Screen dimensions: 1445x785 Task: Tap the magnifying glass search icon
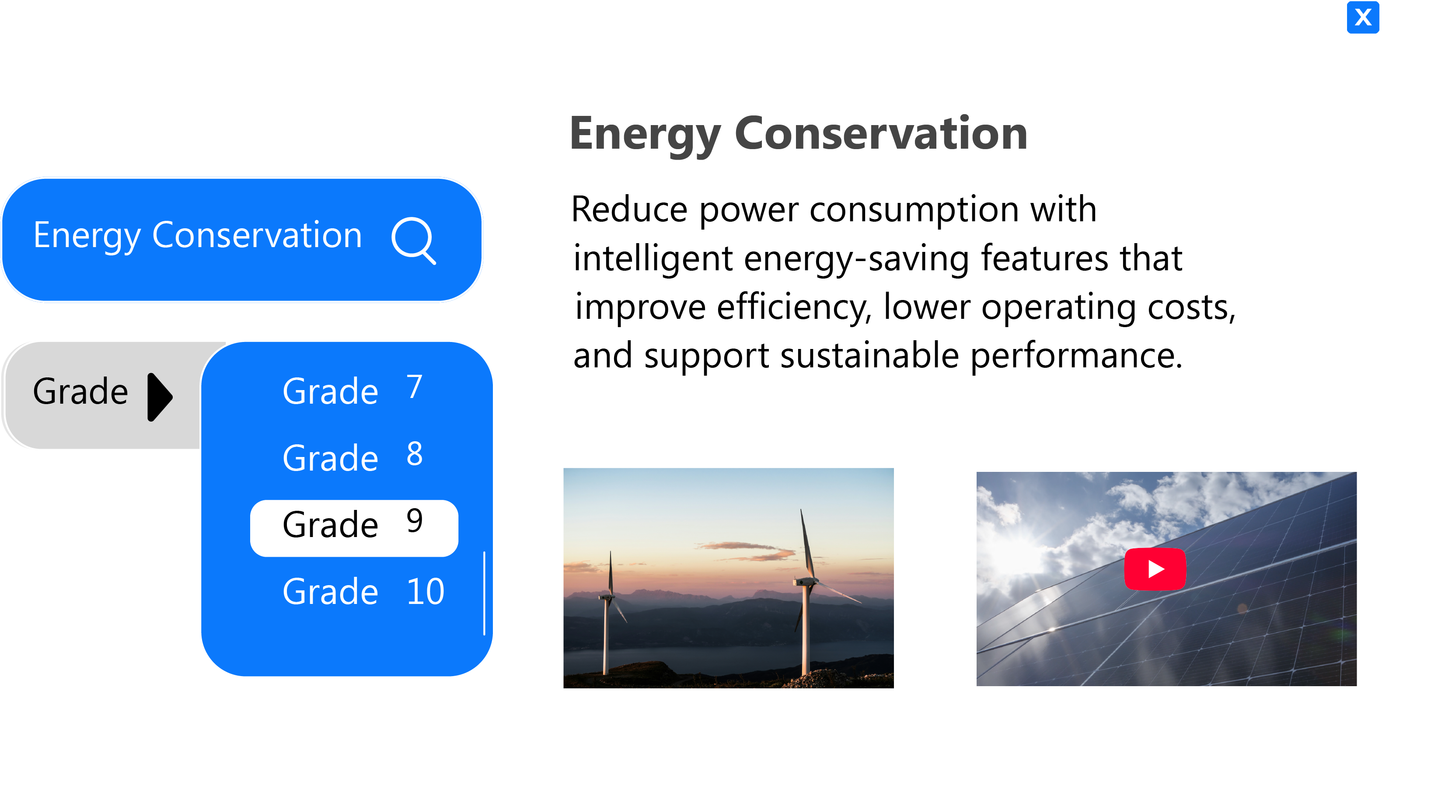coord(413,240)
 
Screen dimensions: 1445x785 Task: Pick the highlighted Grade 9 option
coord(354,527)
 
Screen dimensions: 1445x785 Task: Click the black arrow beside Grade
coord(159,397)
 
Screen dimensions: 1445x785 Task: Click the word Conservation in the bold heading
coord(881,133)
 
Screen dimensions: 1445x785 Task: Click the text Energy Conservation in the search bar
coord(197,236)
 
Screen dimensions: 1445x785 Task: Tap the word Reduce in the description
coord(629,209)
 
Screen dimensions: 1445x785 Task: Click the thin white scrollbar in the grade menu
coord(484,593)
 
